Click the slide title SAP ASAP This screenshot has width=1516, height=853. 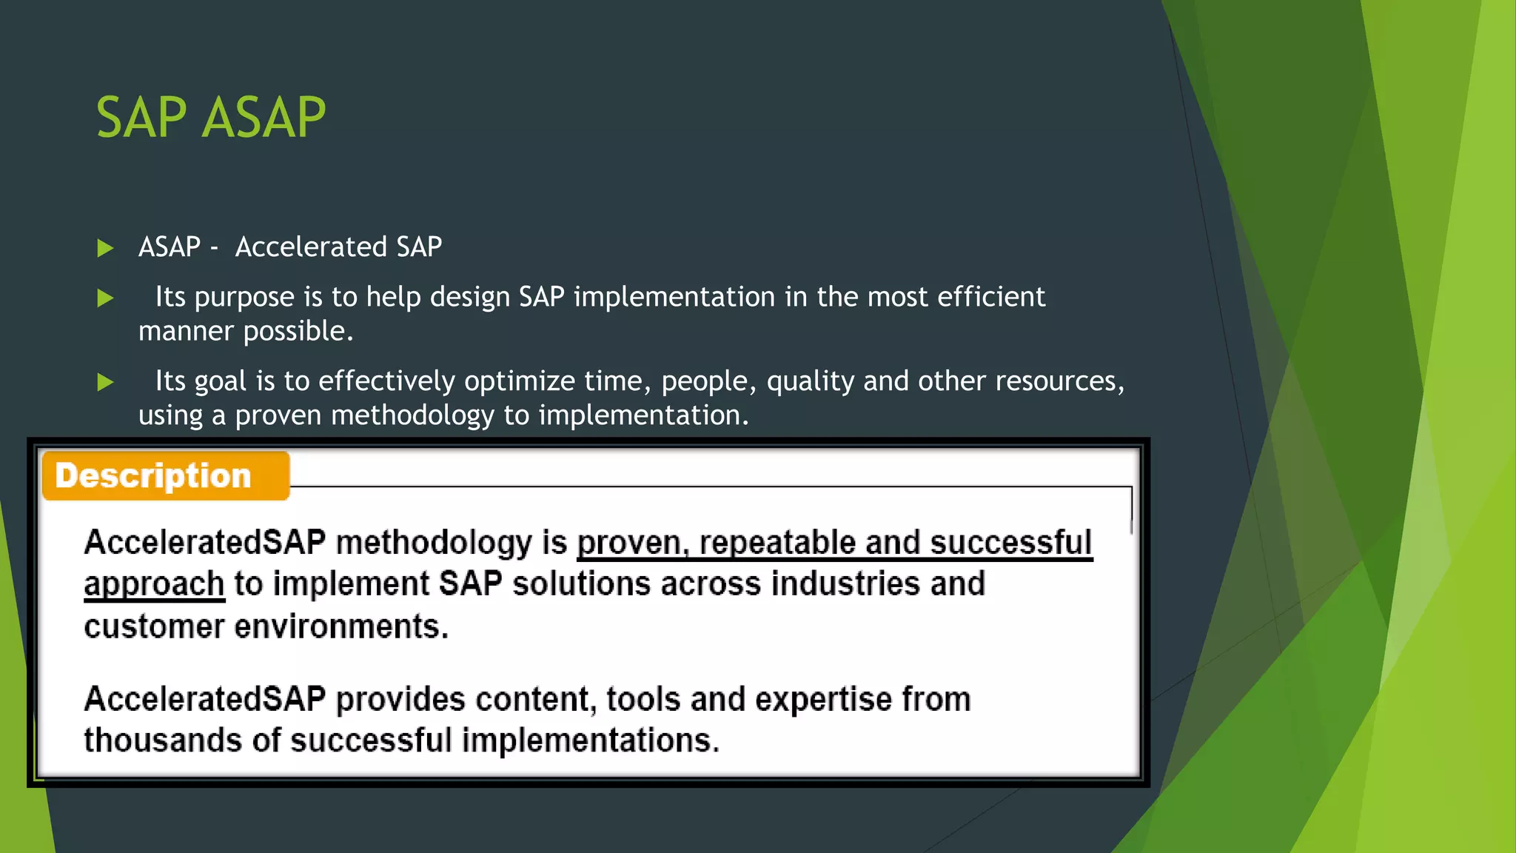point(211,118)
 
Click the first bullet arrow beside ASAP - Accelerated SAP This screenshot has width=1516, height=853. point(105,248)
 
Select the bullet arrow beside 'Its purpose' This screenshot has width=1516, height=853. point(105,298)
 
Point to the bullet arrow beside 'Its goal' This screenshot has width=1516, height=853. point(105,382)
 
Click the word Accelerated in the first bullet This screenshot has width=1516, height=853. point(311,247)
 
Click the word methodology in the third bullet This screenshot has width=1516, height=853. point(412,415)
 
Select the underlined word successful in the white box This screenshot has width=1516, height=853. point(1010,543)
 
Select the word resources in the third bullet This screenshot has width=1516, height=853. point(1059,381)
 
